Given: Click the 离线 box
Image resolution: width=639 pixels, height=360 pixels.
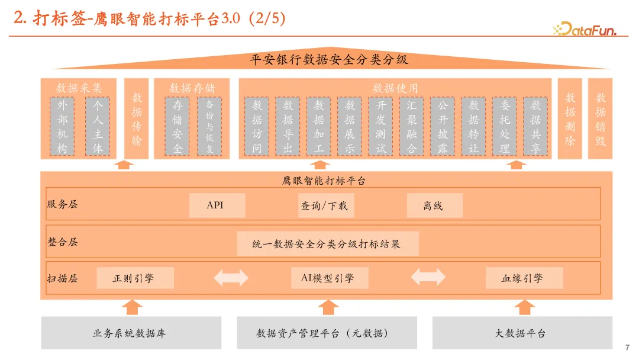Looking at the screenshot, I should point(434,205).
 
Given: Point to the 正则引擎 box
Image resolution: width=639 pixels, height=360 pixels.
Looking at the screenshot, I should point(135,278).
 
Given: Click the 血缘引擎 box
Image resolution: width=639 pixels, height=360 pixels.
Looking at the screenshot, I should point(524,278).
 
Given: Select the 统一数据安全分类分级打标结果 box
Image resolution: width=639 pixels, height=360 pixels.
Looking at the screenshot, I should point(327,243).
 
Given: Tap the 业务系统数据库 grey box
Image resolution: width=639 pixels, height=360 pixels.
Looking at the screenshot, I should point(131,333).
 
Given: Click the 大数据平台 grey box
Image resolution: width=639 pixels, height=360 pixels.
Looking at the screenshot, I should point(521,333).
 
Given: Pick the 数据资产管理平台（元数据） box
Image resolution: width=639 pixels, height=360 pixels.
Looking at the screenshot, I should point(327,333).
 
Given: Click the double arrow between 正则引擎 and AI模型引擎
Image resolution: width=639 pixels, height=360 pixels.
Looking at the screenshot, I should point(231,278).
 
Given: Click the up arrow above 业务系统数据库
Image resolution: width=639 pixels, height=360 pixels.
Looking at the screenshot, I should point(132,307).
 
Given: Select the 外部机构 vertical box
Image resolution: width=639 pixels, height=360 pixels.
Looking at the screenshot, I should point(62,126).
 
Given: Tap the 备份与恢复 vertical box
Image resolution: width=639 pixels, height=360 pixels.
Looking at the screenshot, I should point(209,126).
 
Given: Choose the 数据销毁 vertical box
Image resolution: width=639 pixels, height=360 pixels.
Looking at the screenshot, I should point(601,118).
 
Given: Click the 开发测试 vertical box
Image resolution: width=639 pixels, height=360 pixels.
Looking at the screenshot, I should point(380,126).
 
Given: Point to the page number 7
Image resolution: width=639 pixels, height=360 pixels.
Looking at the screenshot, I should point(627,348).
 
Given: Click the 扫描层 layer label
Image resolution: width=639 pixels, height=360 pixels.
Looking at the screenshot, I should point(62,278).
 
